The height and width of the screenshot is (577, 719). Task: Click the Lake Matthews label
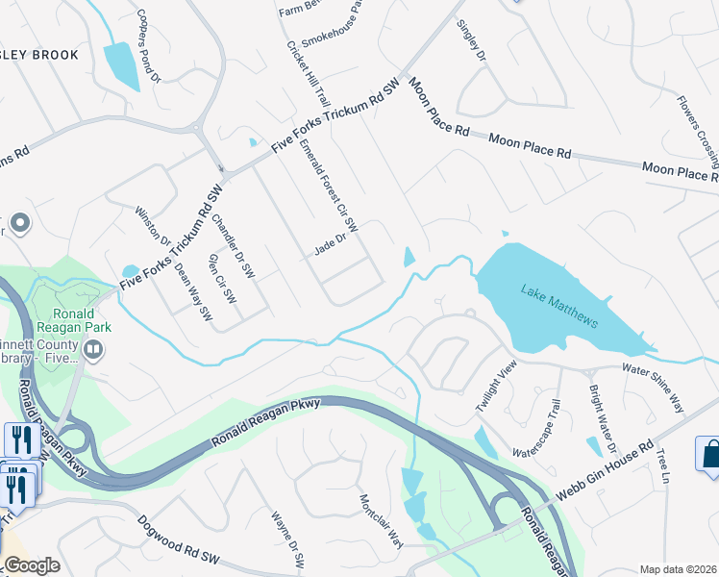point(559,305)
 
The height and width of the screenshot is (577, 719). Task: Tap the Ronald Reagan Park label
point(73,320)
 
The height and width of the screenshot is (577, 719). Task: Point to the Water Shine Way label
point(654,384)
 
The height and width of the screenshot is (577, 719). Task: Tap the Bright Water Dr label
point(602,420)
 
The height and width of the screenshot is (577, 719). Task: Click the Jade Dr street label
point(329,250)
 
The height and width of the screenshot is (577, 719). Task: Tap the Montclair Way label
point(381,519)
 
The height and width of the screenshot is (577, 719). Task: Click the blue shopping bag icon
point(709,453)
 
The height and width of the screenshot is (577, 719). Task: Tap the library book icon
point(93,351)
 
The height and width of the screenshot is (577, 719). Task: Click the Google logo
point(31,565)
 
